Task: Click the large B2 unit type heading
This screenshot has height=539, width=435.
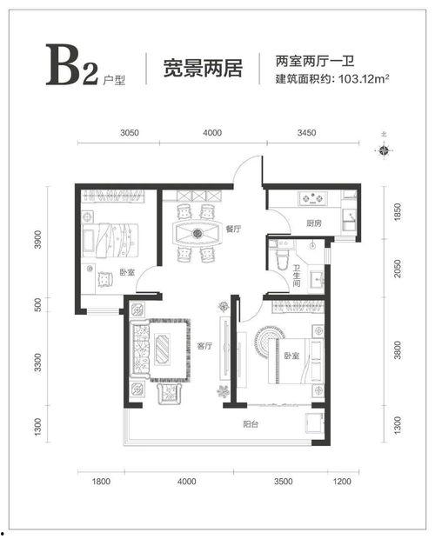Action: click(x=72, y=64)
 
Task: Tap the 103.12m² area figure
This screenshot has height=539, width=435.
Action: click(x=364, y=79)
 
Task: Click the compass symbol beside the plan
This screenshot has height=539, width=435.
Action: click(x=384, y=150)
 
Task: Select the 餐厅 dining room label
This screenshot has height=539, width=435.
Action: click(x=233, y=229)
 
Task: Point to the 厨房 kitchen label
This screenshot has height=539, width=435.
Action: click(x=313, y=223)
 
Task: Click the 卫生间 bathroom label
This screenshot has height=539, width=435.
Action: click(x=297, y=276)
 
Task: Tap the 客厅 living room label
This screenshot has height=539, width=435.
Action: click(x=204, y=346)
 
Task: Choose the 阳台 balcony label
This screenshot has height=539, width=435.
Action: click(x=251, y=424)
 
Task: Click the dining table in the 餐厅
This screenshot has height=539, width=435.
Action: click(x=197, y=234)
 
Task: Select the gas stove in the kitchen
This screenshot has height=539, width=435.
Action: click(x=313, y=198)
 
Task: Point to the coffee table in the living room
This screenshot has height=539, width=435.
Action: click(x=163, y=349)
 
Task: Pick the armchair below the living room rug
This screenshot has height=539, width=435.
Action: click(x=169, y=394)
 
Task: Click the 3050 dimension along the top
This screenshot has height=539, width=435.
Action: click(x=130, y=133)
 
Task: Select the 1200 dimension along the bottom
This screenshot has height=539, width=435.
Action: click(x=342, y=481)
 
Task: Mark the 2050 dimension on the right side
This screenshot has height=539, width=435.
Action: click(x=398, y=269)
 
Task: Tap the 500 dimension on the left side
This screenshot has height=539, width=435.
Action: click(x=37, y=304)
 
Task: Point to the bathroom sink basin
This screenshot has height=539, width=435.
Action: click(x=317, y=279)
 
